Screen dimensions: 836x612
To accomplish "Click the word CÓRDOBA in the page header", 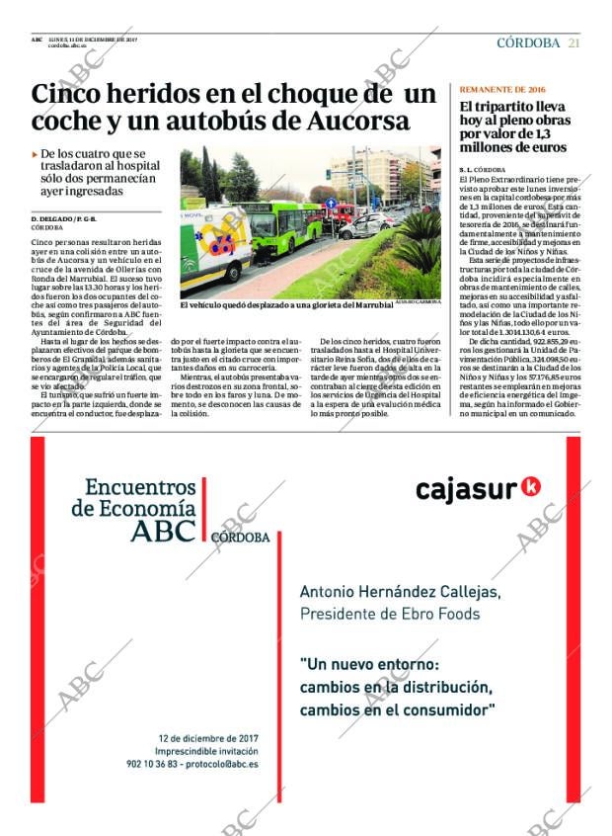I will [528, 42].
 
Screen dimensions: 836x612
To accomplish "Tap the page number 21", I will [574, 42].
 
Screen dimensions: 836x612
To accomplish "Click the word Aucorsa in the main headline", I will [344, 122].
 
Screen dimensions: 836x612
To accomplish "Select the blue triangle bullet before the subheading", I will [36, 154].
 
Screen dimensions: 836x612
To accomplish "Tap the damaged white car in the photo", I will [365, 224].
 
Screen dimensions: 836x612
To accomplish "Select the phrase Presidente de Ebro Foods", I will [388, 614].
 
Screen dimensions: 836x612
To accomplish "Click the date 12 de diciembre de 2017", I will [207, 737].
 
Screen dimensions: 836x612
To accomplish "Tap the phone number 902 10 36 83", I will [155, 763].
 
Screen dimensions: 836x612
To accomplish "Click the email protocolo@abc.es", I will [223, 763].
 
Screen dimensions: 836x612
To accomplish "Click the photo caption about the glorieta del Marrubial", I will [286, 305].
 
